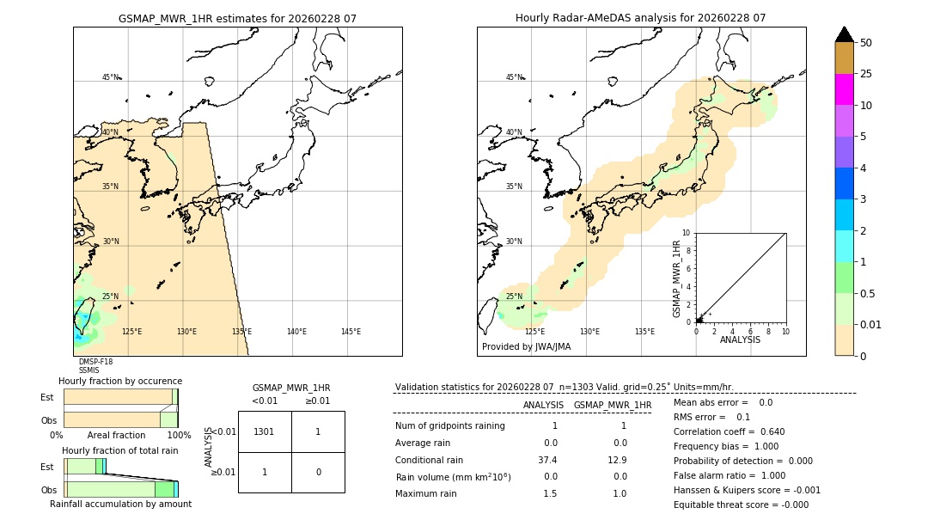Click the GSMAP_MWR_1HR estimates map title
[x=237, y=18]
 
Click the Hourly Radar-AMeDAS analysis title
[x=640, y=18]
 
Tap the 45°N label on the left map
[x=110, y=77]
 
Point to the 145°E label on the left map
[x=351, y=332]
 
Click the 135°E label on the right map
[x=644, y=332]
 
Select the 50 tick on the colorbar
[x=866, y=43]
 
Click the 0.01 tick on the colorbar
[x=871, y=324]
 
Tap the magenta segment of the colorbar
[x=845, y=89]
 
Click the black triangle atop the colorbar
[x=845, y=34]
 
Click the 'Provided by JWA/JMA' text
[x=526, y=346]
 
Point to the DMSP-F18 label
[x=95, y=362]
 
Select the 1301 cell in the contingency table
[x=265, y=431]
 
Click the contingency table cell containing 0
[x=318, y=472]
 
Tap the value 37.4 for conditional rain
[x=548, y=460]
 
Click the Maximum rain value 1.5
[x=550, y=493]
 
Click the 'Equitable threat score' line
[x=741, y=505]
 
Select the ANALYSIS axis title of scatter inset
[x=740, y=339]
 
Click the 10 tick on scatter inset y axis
[x=687, y=232]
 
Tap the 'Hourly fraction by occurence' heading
[x=120, y=381]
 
